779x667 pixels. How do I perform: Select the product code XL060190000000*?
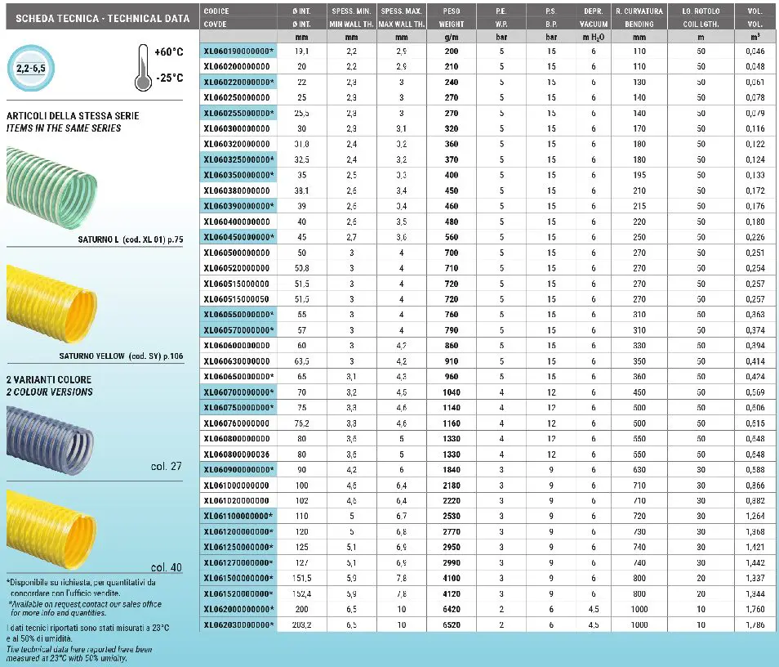pos(239,51)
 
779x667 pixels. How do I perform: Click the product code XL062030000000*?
pos(239,624)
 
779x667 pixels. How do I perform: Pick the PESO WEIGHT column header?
pos(451,18)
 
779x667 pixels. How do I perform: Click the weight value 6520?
pos(451,624)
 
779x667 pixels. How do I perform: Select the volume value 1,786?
pos(755,624)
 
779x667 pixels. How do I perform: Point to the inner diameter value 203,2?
pos(302,624)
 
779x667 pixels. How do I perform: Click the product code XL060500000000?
pos(236,253)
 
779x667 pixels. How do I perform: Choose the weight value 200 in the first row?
pos(451,51)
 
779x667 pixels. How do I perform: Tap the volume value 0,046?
pos(755,51)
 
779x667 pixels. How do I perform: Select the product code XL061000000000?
pos(236,486)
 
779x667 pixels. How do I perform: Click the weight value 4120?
pos(451,593)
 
